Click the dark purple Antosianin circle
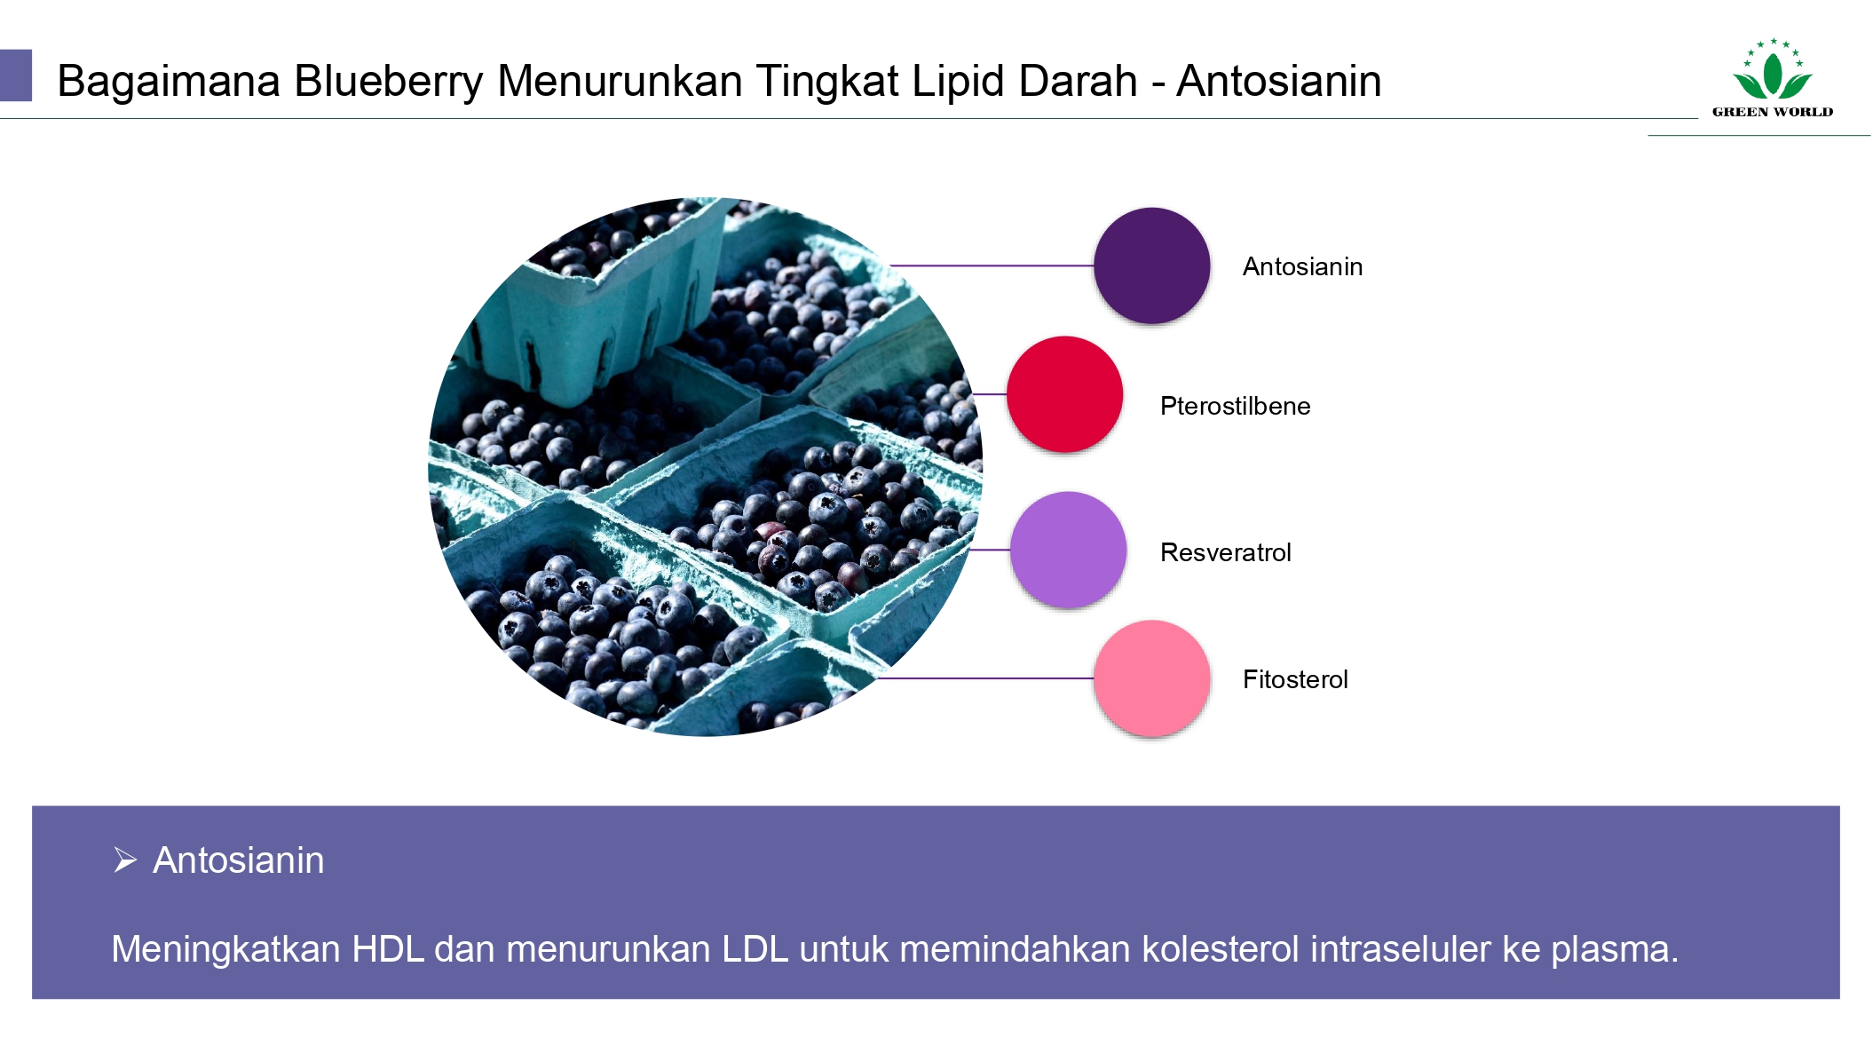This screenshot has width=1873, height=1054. coord(1151,265)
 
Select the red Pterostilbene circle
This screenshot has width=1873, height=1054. coord(1064,394)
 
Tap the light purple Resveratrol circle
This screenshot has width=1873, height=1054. coord(1068,550)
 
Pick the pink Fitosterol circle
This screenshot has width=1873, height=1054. coord(1151,678)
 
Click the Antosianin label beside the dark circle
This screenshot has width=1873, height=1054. coord(1302,266)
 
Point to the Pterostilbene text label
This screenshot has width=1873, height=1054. coord(1235,406)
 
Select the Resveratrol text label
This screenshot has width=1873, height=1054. coord(1225,552)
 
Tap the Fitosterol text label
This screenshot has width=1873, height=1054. coord(1295,679)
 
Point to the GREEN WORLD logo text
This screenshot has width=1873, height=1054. coord(1773,112)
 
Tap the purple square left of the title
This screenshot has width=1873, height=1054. coord(16,75)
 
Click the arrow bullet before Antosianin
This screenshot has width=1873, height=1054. coord(125,860)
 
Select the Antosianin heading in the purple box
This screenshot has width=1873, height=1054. coord(239,860)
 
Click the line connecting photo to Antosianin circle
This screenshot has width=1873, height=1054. coord(992,265)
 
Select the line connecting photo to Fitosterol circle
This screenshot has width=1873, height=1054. coord(985,678)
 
